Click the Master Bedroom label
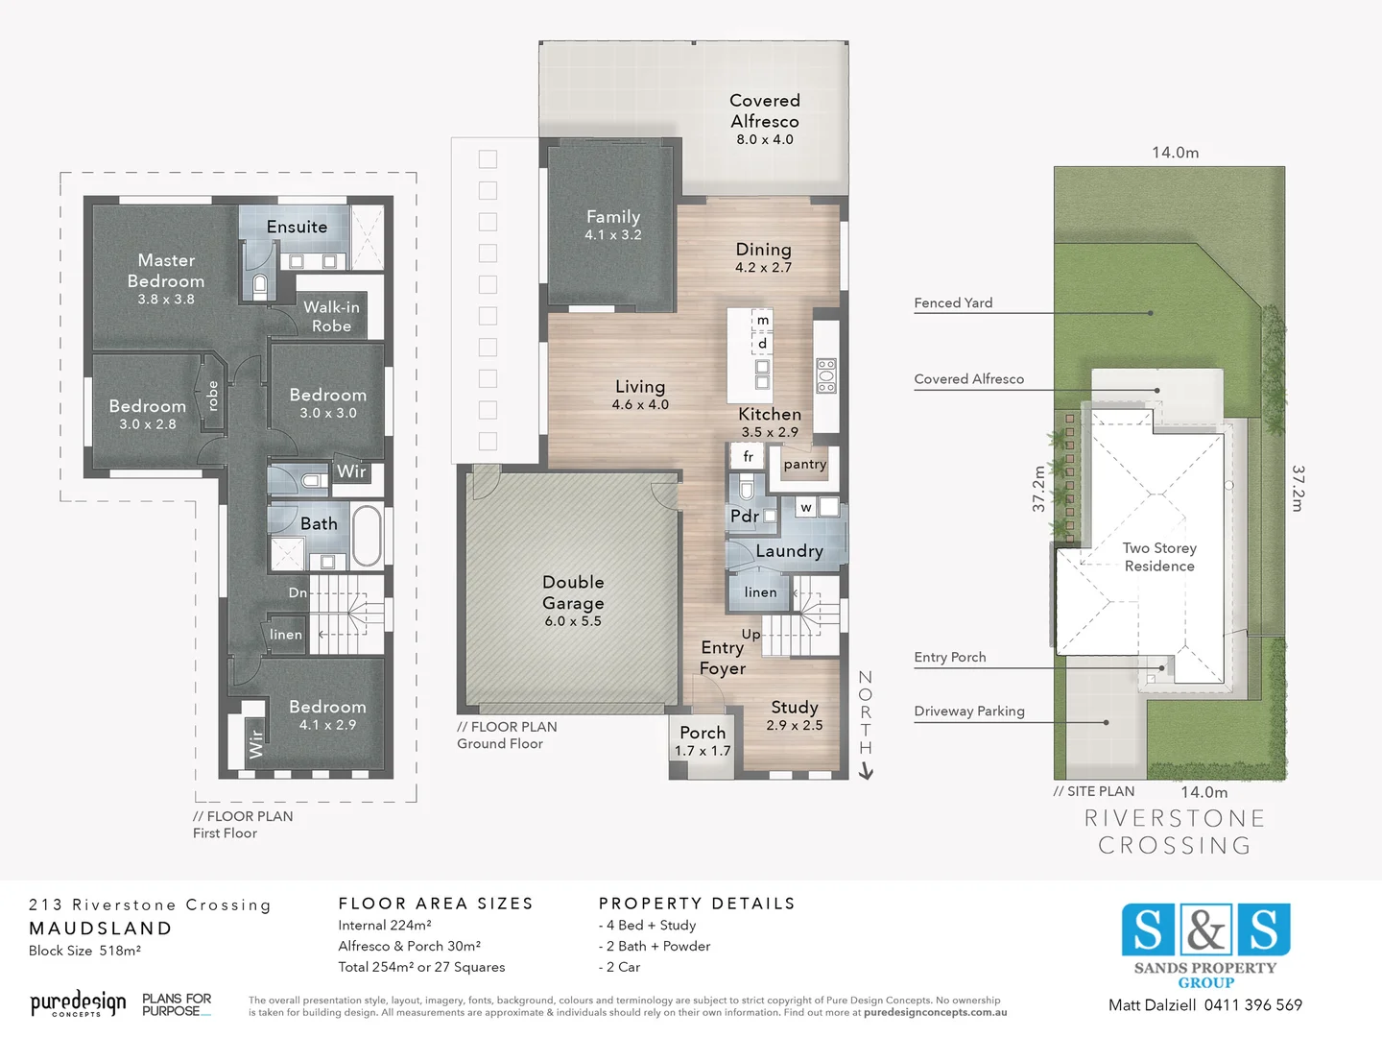tap(166, 271)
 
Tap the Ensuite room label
tap(297, 228)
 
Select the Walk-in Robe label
tap(331, 317)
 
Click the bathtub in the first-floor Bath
tap(367, 536)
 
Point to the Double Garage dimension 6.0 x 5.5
tap(573, 621)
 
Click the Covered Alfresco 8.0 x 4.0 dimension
tap(765, 139)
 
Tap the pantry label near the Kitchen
tap(804, 465)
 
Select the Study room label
tap(794, 708)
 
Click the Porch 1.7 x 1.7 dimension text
tap(703, 751)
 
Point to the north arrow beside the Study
tap(866, 770)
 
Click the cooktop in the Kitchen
tap(826, 375)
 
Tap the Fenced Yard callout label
tap(953, 303)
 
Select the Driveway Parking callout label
tap(969, 711)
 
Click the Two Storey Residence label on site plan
tap(1159, 557)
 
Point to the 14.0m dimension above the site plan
tap(1175, 153)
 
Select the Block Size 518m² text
tap(85, 951)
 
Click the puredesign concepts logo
tap(78, 1004)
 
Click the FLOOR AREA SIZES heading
tap(436, 904)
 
